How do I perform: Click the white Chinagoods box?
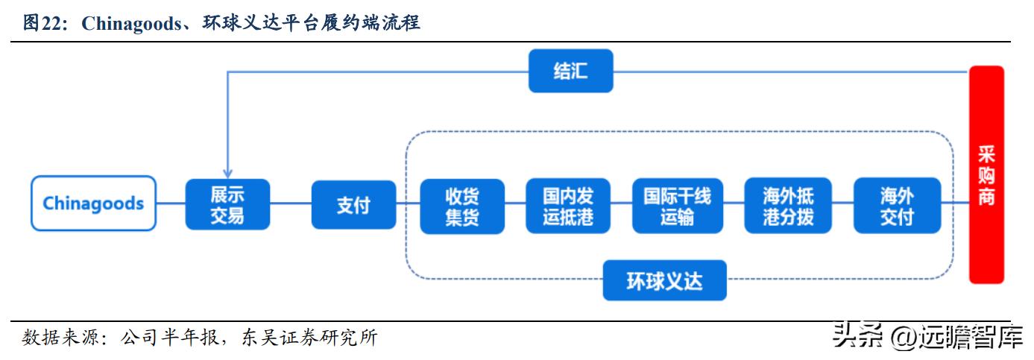click(93, 203)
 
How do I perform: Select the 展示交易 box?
click(227, 205)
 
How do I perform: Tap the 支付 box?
click(353, 205)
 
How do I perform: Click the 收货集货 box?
click(462, 206)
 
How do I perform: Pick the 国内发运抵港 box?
click(568, 206)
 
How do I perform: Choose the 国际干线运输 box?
click(677, 206)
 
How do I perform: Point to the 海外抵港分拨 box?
click(788, 206)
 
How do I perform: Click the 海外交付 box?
click(897, 206)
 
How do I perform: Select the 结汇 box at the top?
click(570, 72)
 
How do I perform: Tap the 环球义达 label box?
click(664, 280)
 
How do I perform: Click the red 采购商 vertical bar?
click(986, 175)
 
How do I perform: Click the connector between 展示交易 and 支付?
click(290, 203)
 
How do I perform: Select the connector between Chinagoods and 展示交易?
click(171, 203)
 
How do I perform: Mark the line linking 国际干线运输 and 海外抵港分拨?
click(733, 203)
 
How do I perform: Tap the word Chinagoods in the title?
click(130, 23)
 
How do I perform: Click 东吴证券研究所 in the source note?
click(310, 338)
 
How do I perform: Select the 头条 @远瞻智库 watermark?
click(927, 337)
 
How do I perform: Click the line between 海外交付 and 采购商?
click(955, 203)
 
